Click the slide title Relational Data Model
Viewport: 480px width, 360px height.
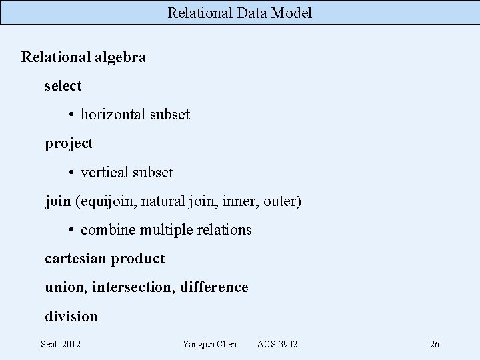tap(239, 13)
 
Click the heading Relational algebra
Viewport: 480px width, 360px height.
tap(83, 57)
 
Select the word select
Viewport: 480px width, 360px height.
tap(63, 86)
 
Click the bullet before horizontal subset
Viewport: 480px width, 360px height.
tap(71, 115)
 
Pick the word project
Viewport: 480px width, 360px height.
tap(69, 143)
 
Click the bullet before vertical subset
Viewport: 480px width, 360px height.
tap(71, 173)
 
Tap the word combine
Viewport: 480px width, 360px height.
tap(107, 230)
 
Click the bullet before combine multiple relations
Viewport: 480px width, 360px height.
tap(71, 230)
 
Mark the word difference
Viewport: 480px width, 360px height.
tap(214, 287)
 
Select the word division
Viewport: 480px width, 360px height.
tap(71, 316)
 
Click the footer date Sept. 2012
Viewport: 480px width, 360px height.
tap(61, 344)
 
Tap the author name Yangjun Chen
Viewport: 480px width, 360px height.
tap(209, 344)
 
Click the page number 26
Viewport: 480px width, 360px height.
tap(435, 344)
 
